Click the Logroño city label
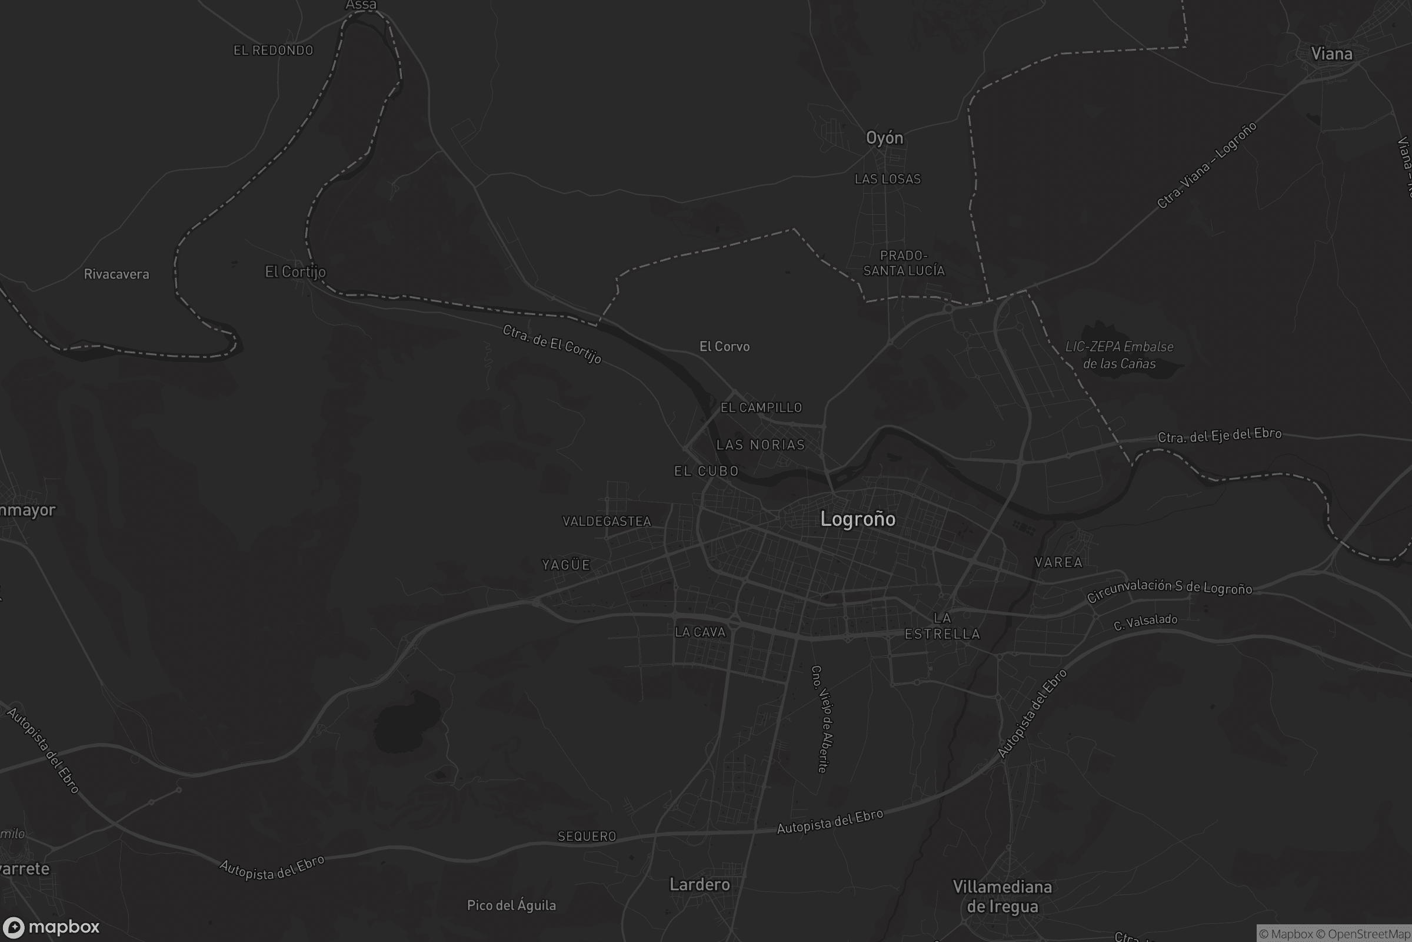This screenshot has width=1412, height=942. click(x=857, y=519)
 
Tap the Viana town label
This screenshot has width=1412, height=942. click(x=1331, y=54)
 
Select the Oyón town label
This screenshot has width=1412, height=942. click(x=884, y=138)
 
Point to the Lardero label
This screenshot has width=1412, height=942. click(x=700, y=884)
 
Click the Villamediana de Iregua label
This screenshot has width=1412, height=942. click(x=1002, y=896)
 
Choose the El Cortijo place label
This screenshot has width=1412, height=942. click(x=295, y=271)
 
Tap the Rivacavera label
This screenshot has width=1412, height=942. click(x=116, y=274)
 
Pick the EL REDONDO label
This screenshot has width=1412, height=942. click(x=273, y=51)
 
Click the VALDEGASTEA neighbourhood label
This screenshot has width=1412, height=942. click(x=607, y=522)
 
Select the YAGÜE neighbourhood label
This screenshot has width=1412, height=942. click(x=566, y=565)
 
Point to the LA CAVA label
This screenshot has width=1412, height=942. click(x=700, y=632)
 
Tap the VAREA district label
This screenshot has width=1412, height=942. click(x=1058, y=562)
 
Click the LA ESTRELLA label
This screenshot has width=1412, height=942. click(x=942, y=626)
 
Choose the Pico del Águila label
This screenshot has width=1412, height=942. click(x=511, y=905)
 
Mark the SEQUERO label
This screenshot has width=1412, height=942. click(x=587, y=836)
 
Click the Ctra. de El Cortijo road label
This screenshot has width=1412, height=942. click(x=552, y=344)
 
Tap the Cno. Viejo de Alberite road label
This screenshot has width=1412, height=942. click(x=822, y=718)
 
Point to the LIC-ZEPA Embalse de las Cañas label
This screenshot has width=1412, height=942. click(x=1119, y=355)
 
